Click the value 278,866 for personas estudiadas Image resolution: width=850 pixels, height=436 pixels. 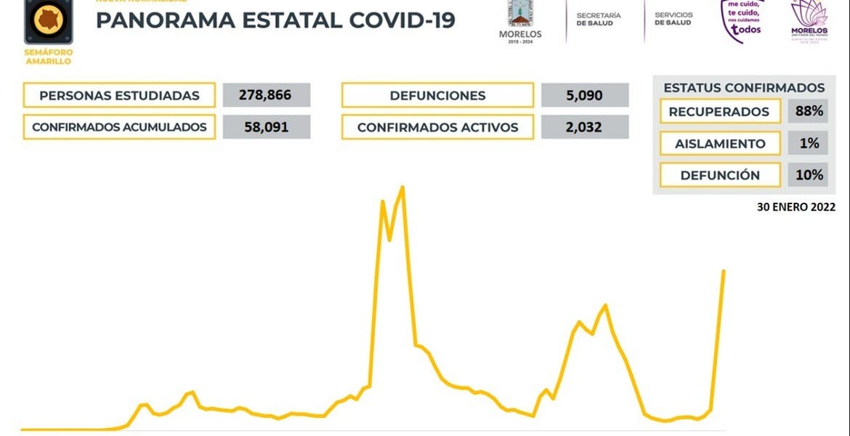click(267, 95)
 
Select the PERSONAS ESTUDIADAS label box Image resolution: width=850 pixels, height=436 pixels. click(119, 95)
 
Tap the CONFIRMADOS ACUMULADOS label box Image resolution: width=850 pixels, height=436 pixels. click(119, 127)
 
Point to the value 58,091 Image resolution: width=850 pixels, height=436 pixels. click(267, 127)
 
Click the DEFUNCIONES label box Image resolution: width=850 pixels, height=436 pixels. click(437, 95)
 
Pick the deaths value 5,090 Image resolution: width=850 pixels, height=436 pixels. click(585, 95)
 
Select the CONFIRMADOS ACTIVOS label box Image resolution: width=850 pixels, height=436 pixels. click(437, 127)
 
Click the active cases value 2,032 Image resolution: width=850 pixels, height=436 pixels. click(585, 127)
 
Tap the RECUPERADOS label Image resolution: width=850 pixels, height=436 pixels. click(719, 112)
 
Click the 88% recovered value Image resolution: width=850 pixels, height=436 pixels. click(809, 112)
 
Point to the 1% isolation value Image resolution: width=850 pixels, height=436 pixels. click(809, 144)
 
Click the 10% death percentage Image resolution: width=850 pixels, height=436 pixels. click(809, 175)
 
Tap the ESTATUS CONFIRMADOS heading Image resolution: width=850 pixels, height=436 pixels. click(744, 88)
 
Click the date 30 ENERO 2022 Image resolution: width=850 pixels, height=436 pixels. click(796, 206)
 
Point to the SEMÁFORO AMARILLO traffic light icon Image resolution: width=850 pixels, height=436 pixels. click(49, 22)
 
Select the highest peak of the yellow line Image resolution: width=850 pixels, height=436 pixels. click(402, 187)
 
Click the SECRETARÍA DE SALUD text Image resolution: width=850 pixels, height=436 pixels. click(599, 19)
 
